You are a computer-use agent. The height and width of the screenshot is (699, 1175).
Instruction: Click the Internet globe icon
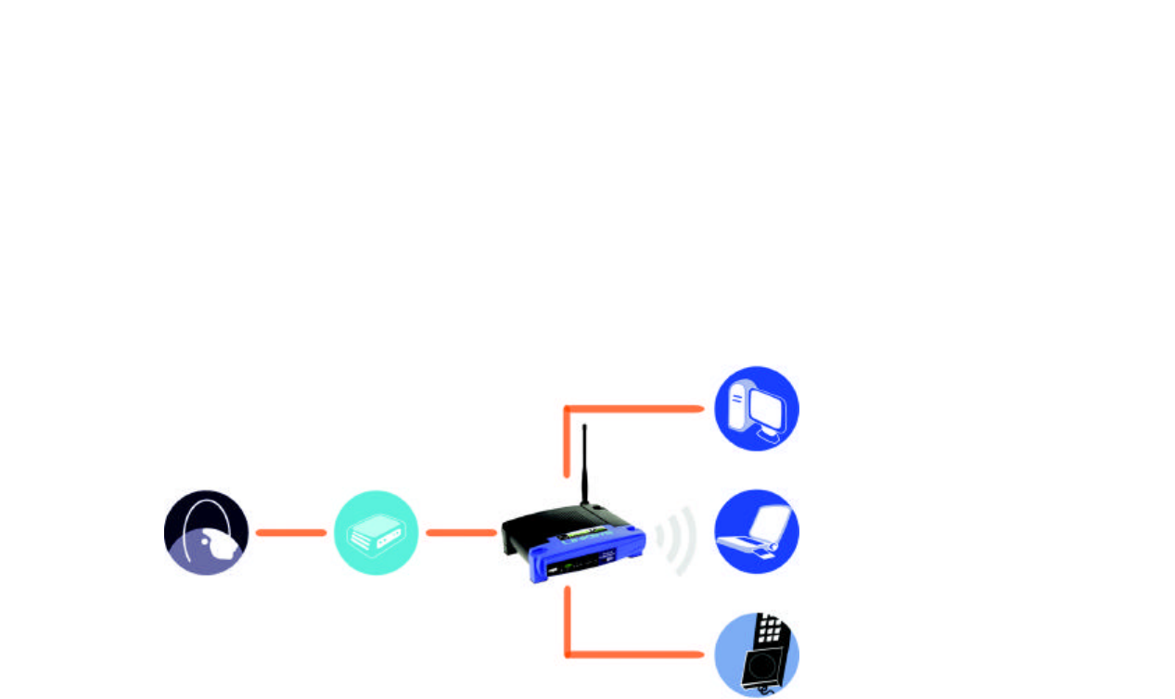[206, 532]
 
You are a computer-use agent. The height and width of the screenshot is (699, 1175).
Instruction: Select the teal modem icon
[376, 532]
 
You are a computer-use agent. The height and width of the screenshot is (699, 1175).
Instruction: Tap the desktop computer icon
[757, 409]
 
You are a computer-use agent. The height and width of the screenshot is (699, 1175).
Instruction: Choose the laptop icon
[757, 532]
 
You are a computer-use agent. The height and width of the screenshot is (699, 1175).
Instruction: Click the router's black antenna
[584, 464]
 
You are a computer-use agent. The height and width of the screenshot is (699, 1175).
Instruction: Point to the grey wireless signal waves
[677, 540]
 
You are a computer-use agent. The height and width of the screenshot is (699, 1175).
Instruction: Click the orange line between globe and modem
[290, 532]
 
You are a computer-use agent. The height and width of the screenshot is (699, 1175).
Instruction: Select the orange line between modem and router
[460, 532]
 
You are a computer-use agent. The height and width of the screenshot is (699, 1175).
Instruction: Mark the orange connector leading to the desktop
[631, 408]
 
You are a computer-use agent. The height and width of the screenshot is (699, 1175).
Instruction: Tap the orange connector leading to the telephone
[631, 655]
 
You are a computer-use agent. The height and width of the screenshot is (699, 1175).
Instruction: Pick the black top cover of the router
[556, 528]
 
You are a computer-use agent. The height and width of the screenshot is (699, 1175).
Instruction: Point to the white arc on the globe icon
[190, 528]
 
